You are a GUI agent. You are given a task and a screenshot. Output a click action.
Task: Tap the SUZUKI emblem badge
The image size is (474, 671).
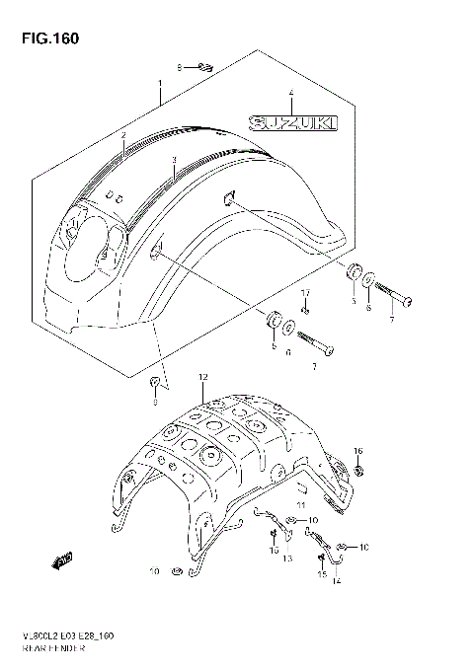pos(292,122)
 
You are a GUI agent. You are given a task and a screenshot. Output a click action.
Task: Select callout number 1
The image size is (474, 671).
pos(160,84)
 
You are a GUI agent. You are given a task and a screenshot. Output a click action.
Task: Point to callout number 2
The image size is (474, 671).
pos(123,133)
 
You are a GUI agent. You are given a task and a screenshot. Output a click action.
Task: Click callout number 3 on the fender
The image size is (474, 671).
pos(173,159)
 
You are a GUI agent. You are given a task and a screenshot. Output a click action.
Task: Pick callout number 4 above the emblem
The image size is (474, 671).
pos(291,95)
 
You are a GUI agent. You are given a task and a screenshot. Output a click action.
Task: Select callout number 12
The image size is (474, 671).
pos(201,378)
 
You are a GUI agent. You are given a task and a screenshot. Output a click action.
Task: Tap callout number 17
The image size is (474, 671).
pos(306,293)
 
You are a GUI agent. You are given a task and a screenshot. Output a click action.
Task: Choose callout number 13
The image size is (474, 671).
pos(288,558)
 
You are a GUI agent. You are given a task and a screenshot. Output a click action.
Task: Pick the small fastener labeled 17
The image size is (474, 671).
pos(306,312)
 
